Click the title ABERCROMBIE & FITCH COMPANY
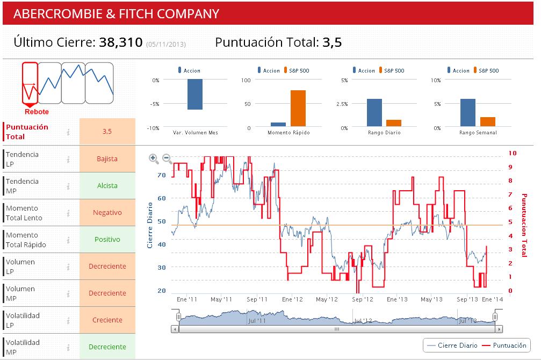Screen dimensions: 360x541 coord(116,13)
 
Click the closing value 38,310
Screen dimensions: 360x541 coord(120,42)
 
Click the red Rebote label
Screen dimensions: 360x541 coord(37,112)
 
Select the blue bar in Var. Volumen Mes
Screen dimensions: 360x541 coord(194,95)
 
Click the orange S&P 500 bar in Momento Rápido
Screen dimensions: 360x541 coord(298,109)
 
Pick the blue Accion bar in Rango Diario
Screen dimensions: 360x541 coord(374,112)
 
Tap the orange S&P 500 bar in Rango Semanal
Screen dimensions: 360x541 coord(488,122)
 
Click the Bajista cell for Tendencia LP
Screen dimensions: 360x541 coord(107,159)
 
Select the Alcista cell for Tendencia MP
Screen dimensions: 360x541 coord(107,186)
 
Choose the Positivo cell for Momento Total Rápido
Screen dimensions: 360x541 coord(107,240)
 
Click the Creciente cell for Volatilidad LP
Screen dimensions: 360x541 coord(107,320)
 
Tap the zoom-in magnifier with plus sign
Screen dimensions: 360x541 coord(154,159)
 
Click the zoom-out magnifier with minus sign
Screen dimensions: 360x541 coord(167,159)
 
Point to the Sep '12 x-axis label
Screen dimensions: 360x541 coord(362,299)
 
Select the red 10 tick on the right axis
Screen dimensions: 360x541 coord(512,154)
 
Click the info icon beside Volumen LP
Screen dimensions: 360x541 coord(68,267)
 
